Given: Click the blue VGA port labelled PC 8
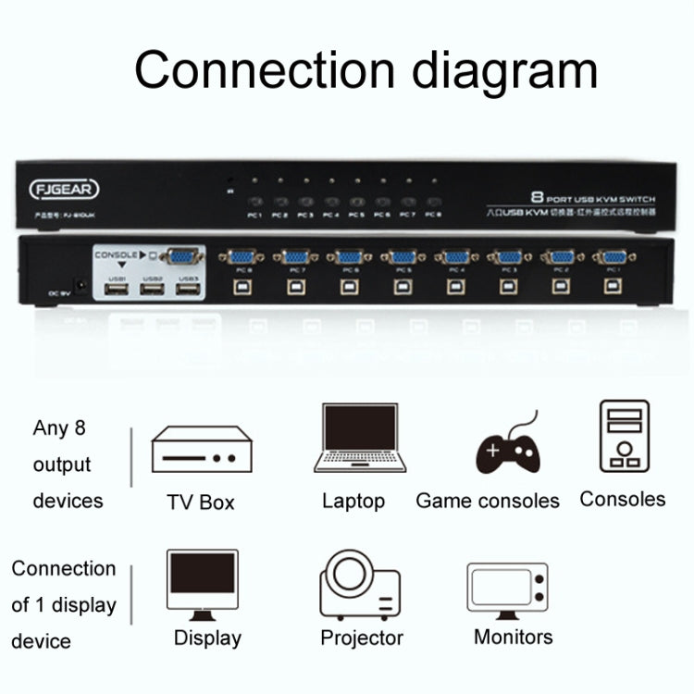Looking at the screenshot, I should click(243, 258).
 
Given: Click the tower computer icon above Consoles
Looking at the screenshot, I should click(623, 437).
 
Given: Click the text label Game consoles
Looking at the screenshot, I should click(488, 501).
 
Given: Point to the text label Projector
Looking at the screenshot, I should click(362, 638).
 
